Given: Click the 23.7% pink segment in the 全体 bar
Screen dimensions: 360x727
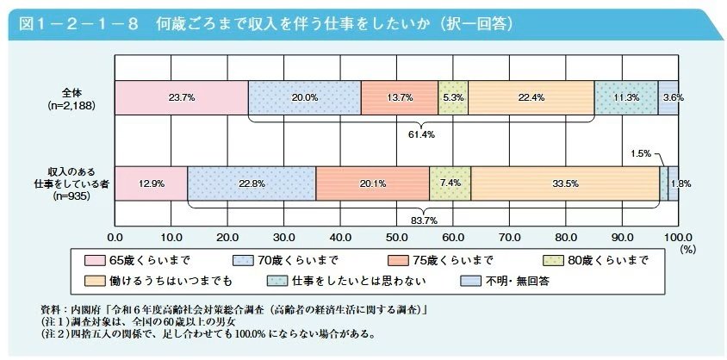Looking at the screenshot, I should (181, 98).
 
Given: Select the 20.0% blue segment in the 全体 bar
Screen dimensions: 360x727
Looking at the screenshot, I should (304, 98).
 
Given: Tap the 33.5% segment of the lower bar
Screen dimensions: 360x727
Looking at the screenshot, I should (564, 183).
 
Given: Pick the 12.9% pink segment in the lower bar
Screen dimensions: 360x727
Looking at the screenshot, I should (151, 183).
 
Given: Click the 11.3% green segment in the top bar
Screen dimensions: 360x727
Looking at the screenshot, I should (625, 98).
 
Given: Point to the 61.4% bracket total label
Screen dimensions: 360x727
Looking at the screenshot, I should (421, 134).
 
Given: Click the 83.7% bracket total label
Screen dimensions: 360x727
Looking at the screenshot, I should (421, 219).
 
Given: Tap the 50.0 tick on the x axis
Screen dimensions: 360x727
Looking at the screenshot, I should (397, 237).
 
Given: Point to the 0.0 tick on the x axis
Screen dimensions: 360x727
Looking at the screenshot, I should (115, 237).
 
